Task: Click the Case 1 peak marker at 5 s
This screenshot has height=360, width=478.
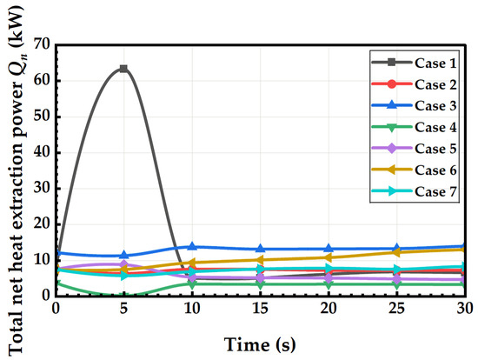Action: click(x=123, y=69)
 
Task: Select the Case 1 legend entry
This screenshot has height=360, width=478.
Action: click(x=414, y=63)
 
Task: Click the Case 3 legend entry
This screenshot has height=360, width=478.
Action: click(x=414, y=106)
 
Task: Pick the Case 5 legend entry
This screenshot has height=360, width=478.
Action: click(x=414, y=149)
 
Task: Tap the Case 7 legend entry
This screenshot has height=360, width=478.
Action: click(x=414, y=191)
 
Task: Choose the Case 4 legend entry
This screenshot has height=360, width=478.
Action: click(x=414, y=127)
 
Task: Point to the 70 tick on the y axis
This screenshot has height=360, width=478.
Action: click(x=42, y=45)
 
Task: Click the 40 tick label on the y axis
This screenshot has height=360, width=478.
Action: click(x=42, y=152)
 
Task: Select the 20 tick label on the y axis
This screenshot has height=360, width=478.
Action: click(x=42, y=224)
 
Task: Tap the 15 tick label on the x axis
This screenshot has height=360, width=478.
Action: click(x=260, y=309)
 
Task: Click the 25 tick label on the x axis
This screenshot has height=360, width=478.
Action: click(x=396, y=309)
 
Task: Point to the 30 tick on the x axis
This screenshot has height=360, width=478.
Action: click(x=465, y=309)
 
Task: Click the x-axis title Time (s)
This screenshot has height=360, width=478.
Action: click(x=260, y=344)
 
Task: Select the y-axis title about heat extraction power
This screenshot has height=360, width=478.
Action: click(x=16, y=180)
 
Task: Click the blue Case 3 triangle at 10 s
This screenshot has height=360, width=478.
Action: click(x=192, y=246)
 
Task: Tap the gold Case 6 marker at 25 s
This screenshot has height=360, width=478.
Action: click(x=396, y=252)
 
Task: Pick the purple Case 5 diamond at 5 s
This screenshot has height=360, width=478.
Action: click(x=123, y=264)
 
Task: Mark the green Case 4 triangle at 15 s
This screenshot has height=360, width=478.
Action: click(x=260, y=285)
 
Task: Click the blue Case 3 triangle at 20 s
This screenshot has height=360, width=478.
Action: click(x=329, y=249)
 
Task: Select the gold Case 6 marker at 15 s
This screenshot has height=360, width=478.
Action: click(x=260, y=260)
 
